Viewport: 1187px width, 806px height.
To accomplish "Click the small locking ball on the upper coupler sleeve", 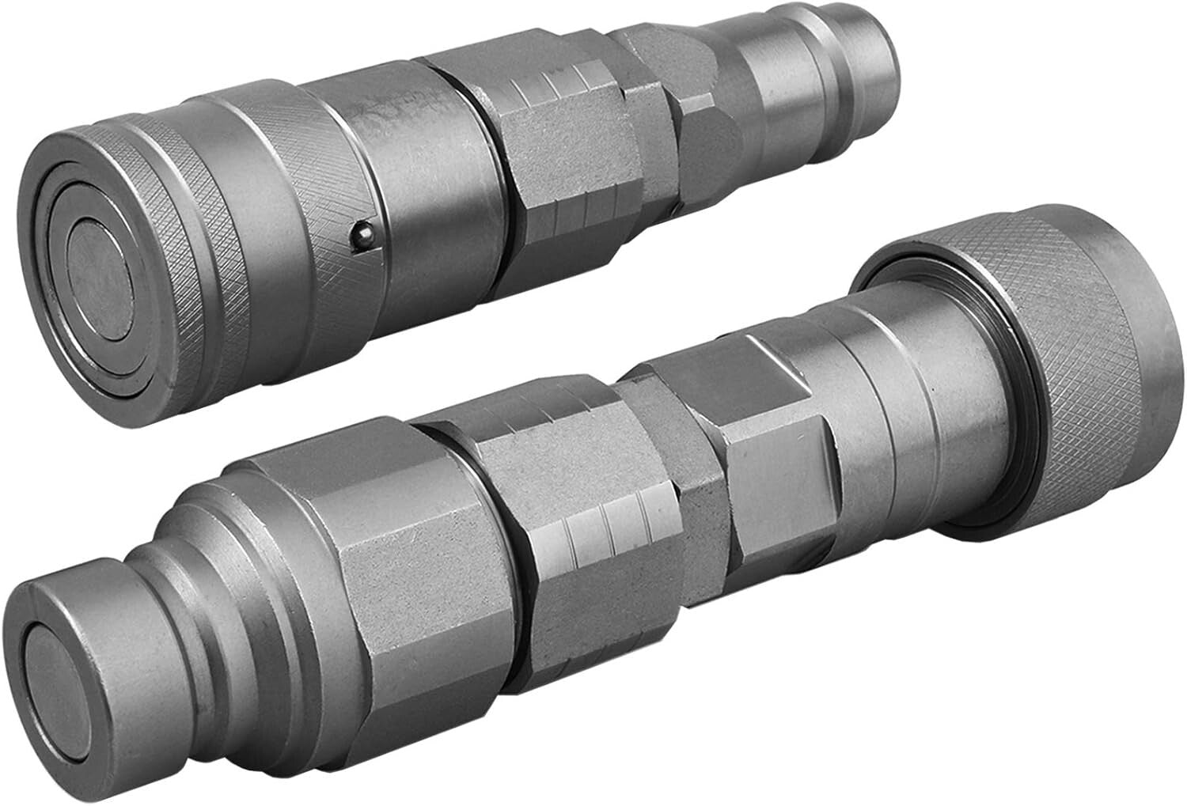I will [x=361, y=234].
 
